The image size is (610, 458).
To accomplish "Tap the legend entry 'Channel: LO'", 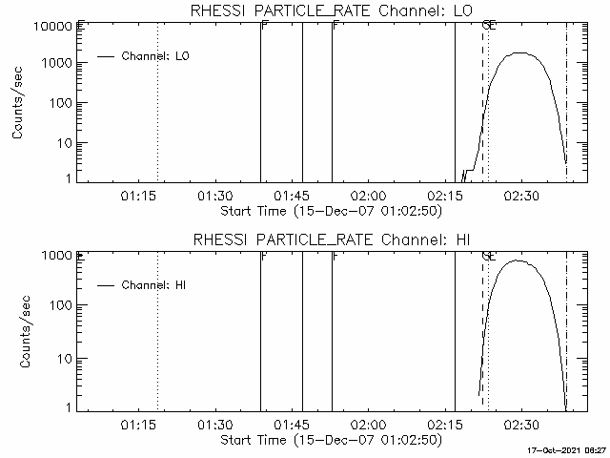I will click(156, 56).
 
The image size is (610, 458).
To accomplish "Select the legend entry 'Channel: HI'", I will click(154, 285).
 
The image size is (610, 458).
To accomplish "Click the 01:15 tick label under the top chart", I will click(137, 196).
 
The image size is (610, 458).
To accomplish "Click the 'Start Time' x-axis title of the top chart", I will click(330, 211).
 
